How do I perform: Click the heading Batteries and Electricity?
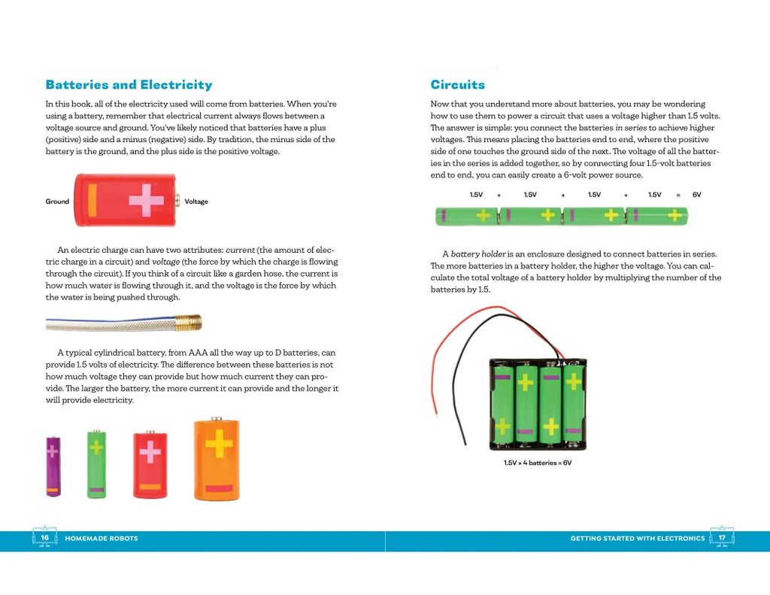[129, 85]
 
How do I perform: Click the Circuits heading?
[457, 85]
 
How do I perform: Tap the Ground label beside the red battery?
[57, 202]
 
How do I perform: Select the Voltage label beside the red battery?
[196, 202]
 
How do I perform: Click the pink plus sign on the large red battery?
[146, 200]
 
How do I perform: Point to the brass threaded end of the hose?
[190, 323]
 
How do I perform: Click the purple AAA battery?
[53, 466]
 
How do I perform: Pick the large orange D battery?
[217, 460]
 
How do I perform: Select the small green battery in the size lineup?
[96, 463]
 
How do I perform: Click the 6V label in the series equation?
[696, 195]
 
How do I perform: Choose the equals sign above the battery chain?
[678, 195]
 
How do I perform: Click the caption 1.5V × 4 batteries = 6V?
[538, 463]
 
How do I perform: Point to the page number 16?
[45, 538]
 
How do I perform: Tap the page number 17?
[722, 538]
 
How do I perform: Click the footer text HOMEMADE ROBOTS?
[102, 539]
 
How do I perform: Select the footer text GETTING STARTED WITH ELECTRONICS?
[638, 539]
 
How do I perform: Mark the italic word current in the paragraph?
[241, 250]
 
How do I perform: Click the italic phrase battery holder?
[478, 254]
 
